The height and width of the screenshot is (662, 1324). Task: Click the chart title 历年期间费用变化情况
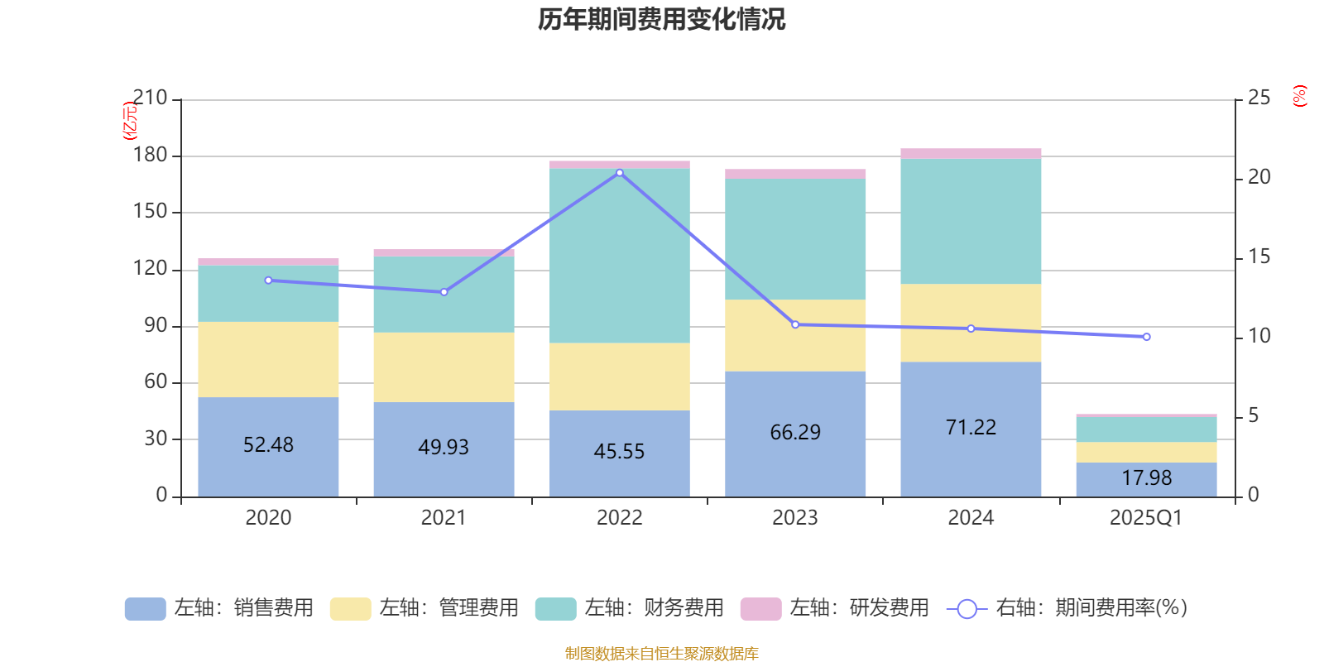point(661,19)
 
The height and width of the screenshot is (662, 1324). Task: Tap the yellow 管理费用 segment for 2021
point(444,367)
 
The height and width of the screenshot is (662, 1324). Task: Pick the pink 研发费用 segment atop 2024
point(971,153)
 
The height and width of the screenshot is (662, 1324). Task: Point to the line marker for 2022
point(620,173)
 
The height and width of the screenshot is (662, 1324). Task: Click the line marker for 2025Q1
point(1146,337)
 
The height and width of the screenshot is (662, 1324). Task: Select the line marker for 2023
point(795,324)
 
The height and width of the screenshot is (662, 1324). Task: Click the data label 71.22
point(971,427)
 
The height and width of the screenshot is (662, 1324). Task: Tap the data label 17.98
point(1146,478)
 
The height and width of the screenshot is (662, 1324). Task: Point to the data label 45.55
point(619,451)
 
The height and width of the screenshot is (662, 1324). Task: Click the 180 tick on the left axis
point(150,155)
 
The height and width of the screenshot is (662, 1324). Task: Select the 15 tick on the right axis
point(1259,257)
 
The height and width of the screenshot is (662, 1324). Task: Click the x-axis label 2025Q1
point(1146,518)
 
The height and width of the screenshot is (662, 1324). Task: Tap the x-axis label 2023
point(795,518)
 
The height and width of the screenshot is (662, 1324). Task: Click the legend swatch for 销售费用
point(145,608)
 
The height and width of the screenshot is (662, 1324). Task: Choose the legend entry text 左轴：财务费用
point(654,608)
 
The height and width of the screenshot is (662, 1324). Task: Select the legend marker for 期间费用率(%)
point(967,609)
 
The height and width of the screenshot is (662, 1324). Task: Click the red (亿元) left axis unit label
point(130,121)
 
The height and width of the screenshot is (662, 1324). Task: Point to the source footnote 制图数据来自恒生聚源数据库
point(661,654)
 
